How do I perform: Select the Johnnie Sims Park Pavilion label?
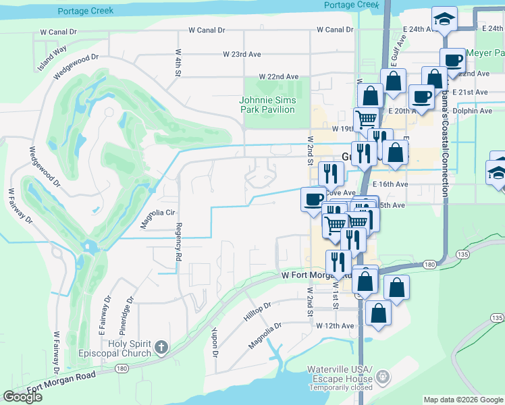[x=267, y=105]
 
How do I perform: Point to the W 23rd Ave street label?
[x=242, y=53]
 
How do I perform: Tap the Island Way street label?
[x=53, y=50]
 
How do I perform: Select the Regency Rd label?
[x=179, y=242]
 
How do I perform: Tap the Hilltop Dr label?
[x=257, y=311]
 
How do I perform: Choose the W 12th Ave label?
[x=335, y=325]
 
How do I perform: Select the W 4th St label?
[x=178, y=61]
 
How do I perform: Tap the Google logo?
[x=22, y=397]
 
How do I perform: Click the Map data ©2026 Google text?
[x=462, y=400]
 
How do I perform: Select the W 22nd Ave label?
[x=277, y=77]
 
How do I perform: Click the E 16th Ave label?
[x=391, y=184]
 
